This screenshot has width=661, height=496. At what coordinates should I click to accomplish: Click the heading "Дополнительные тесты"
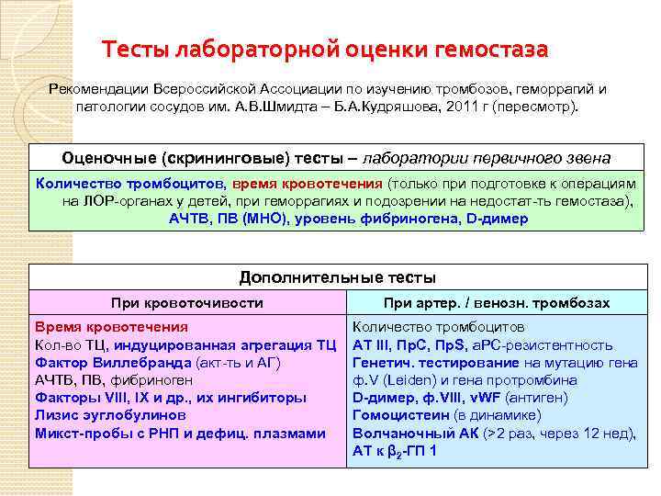click(337, 276)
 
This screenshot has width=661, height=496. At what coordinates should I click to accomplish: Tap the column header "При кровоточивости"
click(186, 302)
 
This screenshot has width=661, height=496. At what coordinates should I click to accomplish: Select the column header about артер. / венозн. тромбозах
click(496, 302)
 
